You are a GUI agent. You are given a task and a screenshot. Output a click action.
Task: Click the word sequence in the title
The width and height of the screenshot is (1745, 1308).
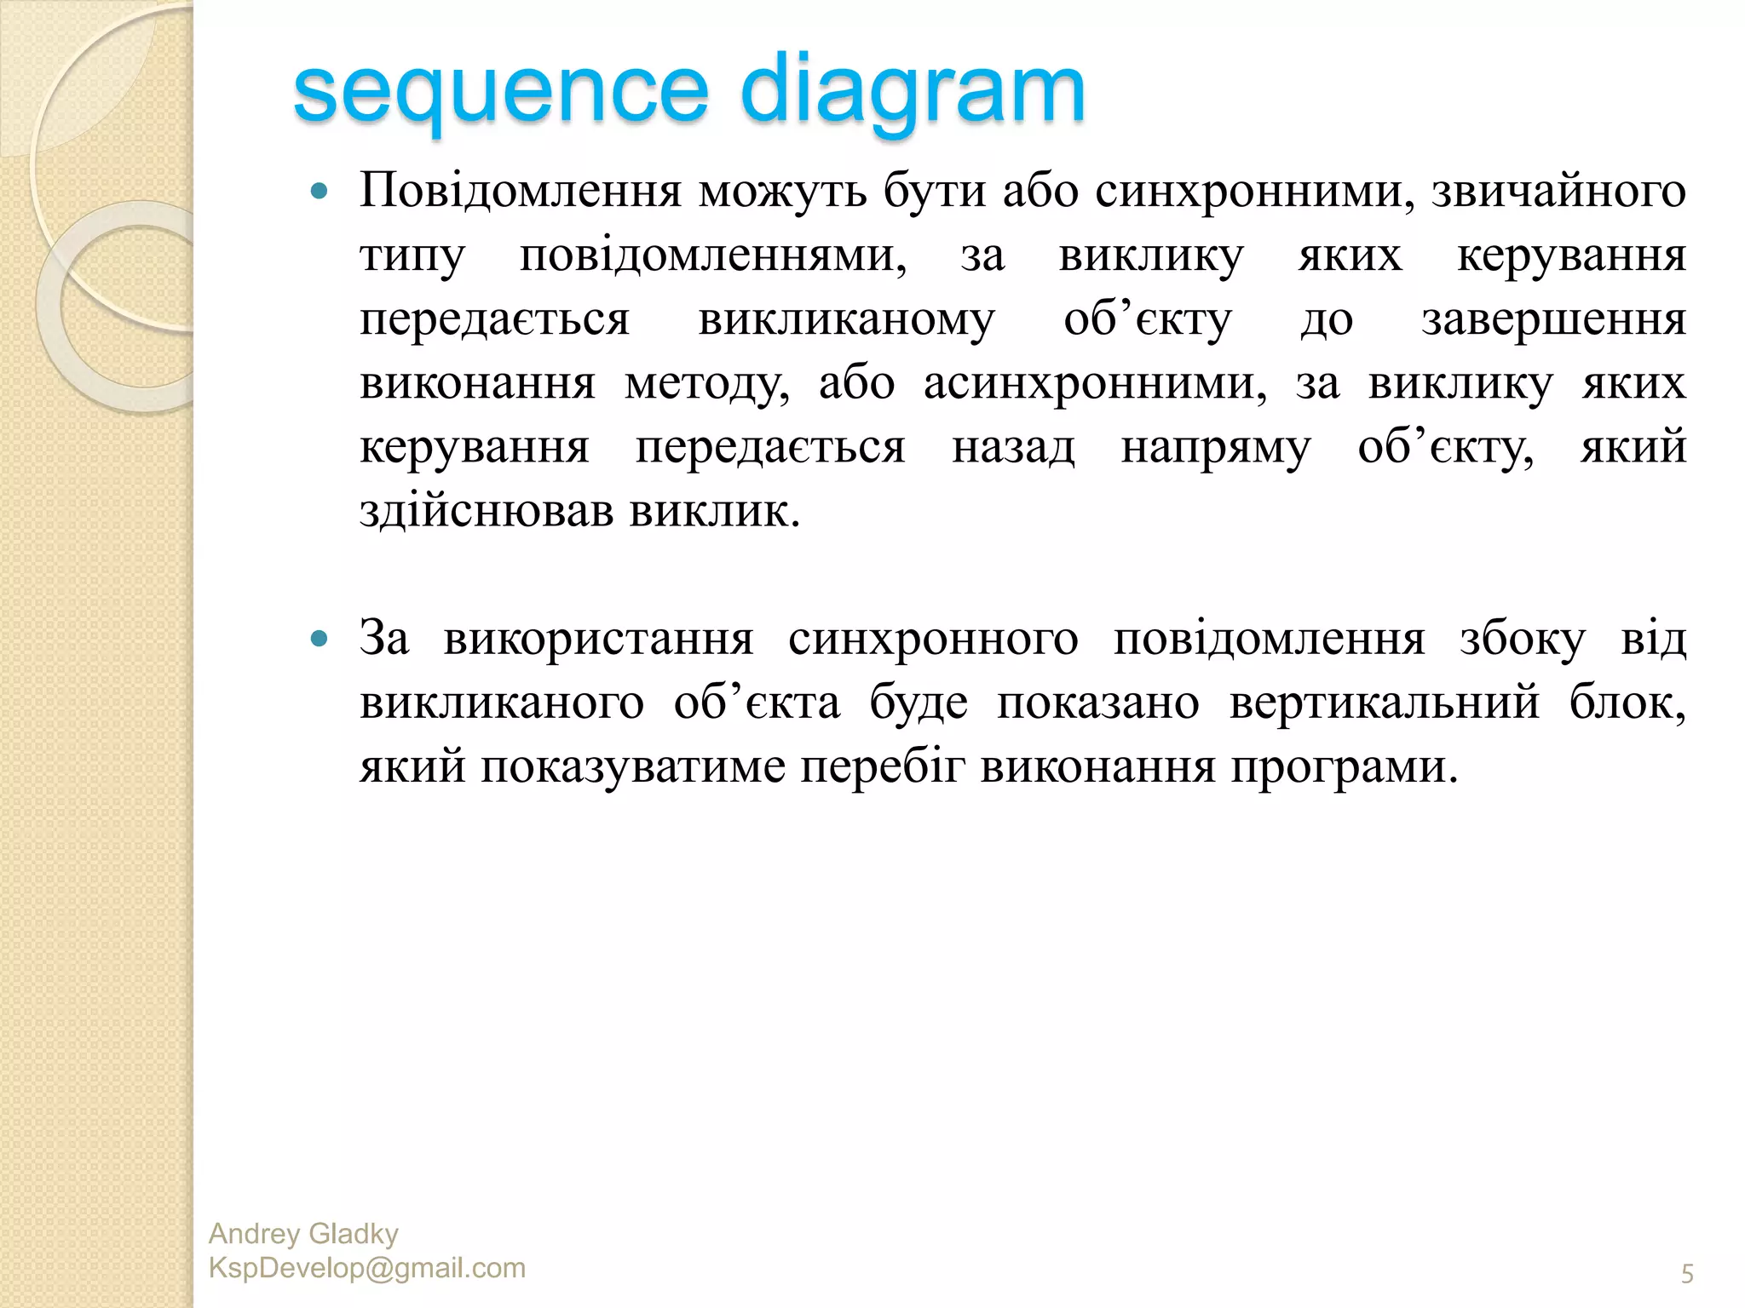coord(501,92)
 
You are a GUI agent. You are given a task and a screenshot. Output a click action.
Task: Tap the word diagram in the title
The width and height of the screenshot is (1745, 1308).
coord(912,92)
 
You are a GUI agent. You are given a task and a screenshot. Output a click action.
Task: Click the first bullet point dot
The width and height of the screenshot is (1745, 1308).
coord(320,192)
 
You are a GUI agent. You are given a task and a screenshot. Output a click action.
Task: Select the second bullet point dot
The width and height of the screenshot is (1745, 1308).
coord(320,640)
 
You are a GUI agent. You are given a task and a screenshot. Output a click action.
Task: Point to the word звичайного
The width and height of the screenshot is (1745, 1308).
coord(1558,191)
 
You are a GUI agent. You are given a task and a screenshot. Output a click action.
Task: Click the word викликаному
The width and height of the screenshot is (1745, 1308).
coord(846,320)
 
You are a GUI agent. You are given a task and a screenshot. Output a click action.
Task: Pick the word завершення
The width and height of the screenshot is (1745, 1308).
coord(1553,320)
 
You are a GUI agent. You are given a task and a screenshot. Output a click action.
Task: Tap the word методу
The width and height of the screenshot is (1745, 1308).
coord(706,384)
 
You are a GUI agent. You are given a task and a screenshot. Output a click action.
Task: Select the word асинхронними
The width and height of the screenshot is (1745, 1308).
coord(1095,384)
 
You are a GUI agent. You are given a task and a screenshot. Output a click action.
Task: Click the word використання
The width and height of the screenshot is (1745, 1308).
coord(598,640)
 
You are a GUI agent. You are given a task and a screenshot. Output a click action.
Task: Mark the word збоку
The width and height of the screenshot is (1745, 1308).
coord(1522,640)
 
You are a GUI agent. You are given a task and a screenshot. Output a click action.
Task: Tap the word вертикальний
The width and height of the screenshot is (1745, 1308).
coord(1384,703)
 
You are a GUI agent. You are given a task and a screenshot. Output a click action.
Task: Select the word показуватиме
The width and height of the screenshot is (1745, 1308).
coord(632,767)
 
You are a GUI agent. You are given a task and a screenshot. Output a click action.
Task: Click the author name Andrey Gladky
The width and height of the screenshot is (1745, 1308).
coord(303,1234)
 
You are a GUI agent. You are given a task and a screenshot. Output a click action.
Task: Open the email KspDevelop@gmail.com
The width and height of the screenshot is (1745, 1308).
coord(366,1268)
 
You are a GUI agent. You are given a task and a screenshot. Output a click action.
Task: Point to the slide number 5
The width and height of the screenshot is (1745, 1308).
coord(1687,1274)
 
